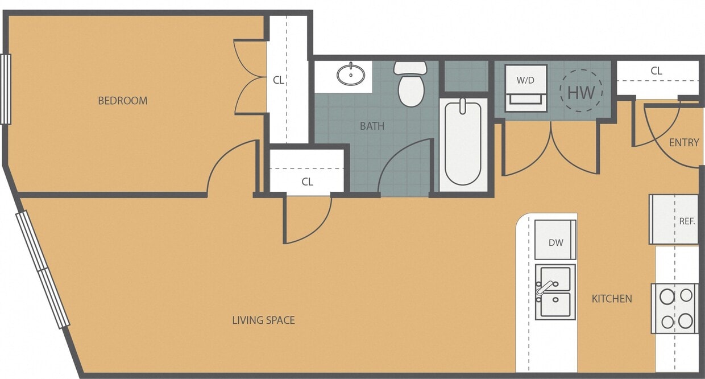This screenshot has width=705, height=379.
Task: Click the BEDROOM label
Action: coord(123,101)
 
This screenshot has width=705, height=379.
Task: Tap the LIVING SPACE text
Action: coord(263,320)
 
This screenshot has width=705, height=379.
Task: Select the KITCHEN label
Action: coord(612,298)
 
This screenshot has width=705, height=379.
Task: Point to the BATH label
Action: coord(372,126)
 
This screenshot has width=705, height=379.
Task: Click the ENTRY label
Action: coord(683,142)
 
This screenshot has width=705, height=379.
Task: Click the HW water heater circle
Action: coord(581,91)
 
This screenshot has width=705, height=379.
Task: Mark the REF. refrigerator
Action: coord(674,220)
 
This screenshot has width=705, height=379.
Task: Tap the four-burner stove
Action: coord(675,308)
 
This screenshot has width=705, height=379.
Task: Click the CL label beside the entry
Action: coord(656,71)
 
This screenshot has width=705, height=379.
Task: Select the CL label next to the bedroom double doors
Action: coord(278,80)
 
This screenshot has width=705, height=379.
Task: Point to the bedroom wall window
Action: coord(6,89)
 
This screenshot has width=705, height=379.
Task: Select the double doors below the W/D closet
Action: coord(550,149)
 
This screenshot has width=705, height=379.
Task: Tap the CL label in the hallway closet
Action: coord(307,182)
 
